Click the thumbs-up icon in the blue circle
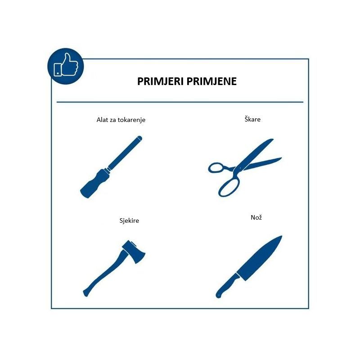[x=66, y=65]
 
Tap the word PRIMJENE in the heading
[x=211, y=81]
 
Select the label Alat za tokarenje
[x=121, y=120]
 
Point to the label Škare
[x=252, y=119]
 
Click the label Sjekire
[x=129, y=220]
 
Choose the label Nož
[x=256, y=217]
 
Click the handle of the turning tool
[x=94, y=183]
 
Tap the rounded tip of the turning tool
[x=139, y=138]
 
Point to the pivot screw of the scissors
[x=240, y=168]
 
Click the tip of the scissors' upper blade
[x=273, y=139]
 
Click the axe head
[x=134, y=252]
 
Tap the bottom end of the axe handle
[x=85, y=293]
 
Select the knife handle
[x=227, y=286]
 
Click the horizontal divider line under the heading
[x=180, y=102]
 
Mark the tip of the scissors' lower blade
[x=281, y=158]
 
